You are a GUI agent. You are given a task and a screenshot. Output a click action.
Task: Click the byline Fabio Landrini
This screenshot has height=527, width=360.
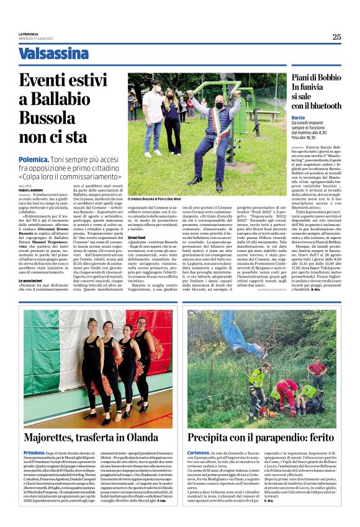[x=32, y=189]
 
